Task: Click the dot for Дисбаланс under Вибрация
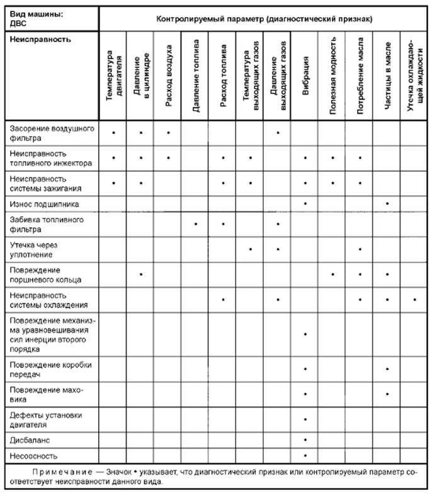(305, 439)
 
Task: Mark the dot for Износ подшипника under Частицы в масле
(387, 203)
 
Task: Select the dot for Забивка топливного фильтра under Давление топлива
(196, 223)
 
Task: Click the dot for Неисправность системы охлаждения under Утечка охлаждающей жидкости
(415, 299)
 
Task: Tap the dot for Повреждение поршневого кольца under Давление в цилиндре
(141, 274)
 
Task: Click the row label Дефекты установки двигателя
(46, 419)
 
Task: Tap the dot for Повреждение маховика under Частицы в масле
(387, 393)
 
